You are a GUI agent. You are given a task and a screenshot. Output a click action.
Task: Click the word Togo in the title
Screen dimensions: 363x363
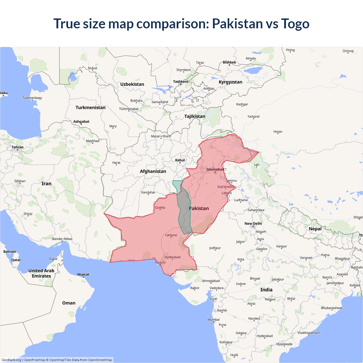[295, 24]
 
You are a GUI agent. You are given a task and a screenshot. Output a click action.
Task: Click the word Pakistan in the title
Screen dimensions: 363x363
[237, 24]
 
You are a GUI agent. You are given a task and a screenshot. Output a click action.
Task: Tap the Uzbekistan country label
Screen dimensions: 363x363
[132, 84]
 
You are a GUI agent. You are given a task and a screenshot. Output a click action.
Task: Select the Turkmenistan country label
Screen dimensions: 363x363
[90, 107]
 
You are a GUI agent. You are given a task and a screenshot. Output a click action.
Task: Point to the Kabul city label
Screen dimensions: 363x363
[180, 160]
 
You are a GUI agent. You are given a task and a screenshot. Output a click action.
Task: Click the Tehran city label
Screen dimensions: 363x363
[18, 147]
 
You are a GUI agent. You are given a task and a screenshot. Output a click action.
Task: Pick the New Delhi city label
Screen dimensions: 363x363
[253, 223]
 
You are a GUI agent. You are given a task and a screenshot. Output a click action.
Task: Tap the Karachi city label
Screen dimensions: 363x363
[160, 263]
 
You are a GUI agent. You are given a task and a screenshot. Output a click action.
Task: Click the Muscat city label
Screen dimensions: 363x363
[83, 274]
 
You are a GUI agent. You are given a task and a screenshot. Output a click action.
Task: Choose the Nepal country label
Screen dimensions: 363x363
[315, 229]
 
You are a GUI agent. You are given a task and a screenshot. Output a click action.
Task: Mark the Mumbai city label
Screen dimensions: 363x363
[214, 320]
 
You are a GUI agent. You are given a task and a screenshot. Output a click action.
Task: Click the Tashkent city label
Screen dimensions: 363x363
[181, 82]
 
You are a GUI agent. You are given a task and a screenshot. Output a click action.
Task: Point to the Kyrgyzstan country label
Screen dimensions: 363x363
[230, 82]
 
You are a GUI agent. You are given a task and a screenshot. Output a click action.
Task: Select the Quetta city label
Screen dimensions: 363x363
[160, 208]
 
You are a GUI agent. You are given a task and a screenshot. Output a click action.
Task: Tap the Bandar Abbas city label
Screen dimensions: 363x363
[62, 239]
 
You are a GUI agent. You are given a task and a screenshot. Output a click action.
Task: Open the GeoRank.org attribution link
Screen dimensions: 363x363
[11, 360]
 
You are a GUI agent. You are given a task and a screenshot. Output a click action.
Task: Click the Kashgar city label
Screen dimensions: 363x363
[242, 104]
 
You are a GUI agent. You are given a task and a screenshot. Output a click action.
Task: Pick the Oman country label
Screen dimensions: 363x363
[69, 303]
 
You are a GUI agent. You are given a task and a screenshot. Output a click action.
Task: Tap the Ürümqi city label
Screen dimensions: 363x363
[348, 51]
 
